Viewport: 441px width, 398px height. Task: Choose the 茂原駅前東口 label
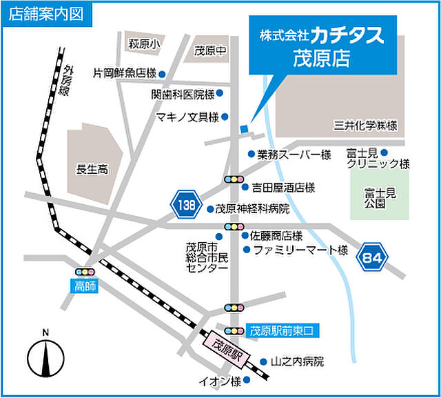point(281,330)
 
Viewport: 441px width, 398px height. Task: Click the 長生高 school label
point(93,168)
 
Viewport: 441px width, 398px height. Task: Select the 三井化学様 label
point(366,125)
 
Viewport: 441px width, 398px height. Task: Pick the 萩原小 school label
point(144,43)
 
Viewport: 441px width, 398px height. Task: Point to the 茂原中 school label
point(210,50)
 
